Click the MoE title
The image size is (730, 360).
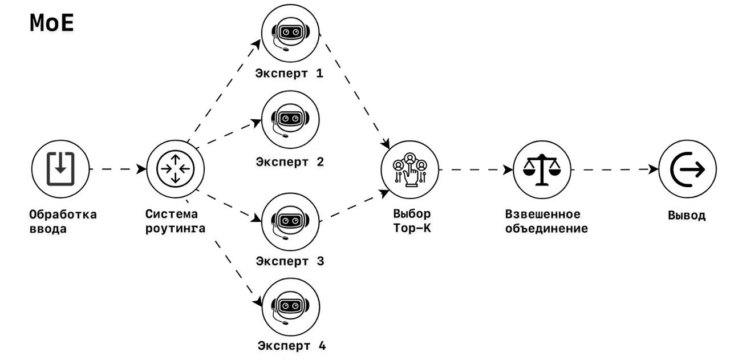click(51, 23)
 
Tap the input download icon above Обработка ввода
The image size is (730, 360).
click(60, 169)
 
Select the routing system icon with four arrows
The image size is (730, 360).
click(175, 169)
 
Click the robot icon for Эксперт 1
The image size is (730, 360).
click(290, 33)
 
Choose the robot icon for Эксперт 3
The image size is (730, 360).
click(290, 221)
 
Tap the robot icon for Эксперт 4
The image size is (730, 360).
click(290, 307)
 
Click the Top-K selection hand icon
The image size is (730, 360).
click(409, 169)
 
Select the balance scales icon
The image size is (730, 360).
click(542, 169)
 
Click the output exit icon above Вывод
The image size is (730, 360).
click(687, 169)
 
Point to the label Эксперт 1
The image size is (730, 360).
click(290, 74)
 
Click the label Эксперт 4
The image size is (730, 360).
click(291, 346)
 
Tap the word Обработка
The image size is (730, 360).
click(63, 215)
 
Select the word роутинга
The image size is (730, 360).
click(175, 229)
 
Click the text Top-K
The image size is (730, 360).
click(412, 229)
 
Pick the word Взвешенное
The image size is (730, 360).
click(543, 215)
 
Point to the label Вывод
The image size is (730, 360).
click(687, 216)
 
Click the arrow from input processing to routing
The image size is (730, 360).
click(117, 169)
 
